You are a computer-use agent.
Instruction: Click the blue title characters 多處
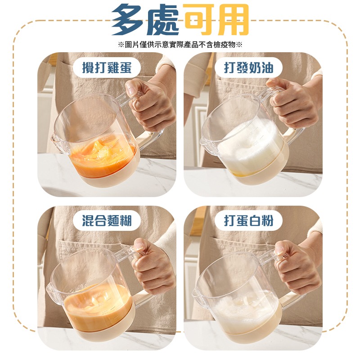point(145,19)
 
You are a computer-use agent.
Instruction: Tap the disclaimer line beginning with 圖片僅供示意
point(180,44)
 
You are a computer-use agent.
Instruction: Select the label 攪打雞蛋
point(107,68)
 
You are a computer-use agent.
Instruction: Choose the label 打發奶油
point(249,68)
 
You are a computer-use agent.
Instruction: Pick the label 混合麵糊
point(107,221)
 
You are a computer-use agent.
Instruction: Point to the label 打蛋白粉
point(249,221)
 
